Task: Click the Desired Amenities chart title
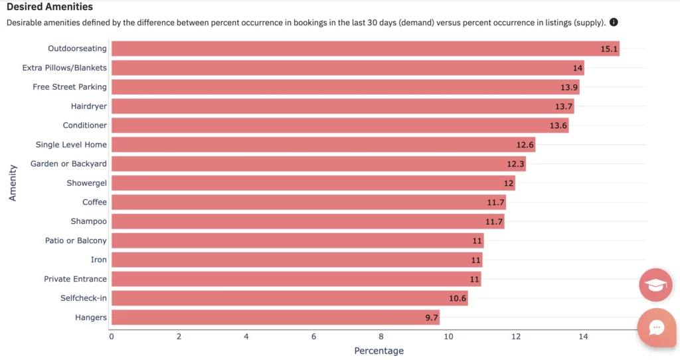(x=50, y=7)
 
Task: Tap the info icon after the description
(x=614, y=23)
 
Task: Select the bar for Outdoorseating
(x=365, y=48)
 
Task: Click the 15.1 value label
(x=609, y=48)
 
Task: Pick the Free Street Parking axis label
(x=70, y=87)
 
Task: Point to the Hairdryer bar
(x=342, y=106)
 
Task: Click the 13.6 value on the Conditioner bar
(x=558, y=126)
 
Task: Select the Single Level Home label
(x=71, y=145)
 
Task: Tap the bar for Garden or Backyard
(x=319, y=164)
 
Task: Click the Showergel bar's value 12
(x=508, y=183)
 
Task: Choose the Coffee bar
(x=309, y=203)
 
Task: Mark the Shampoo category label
(x=89, y=221)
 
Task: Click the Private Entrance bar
(x=296, y=279)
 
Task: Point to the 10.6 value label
(x=458, y=298)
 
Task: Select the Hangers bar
(x=276, y=317)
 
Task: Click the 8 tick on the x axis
(x=381, y=336)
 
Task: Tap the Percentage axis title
(x=379, y=351)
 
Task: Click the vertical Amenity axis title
(x=13, y=183)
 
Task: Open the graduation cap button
(x=655, y=285)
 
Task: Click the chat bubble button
(x=657, y=328)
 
